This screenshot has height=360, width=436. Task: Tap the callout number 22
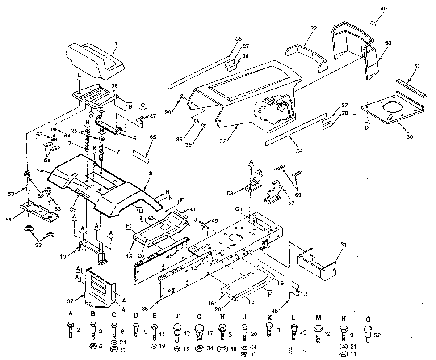(x=313, y=28)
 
